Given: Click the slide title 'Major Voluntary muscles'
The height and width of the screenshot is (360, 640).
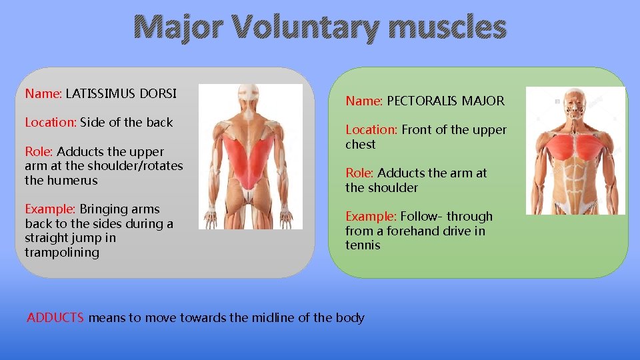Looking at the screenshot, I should click(x=319, y=29).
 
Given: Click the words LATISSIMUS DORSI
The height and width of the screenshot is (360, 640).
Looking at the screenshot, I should click(x=121, y=93).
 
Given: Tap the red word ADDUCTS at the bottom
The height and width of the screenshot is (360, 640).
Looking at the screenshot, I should click(x=55, y=318).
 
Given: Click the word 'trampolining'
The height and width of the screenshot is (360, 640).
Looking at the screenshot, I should click(x=61, y=253).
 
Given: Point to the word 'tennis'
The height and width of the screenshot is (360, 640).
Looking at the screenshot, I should click(x=363, y=245).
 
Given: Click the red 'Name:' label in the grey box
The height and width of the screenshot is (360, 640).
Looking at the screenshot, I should click(x=43, y=93).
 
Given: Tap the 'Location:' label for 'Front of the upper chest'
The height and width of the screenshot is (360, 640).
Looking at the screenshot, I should click(x=371, y=130).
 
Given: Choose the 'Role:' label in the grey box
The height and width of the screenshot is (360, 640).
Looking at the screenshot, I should click(x=39, y=151).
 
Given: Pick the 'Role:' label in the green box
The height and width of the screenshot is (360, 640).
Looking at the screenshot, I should click(x=360, y=173).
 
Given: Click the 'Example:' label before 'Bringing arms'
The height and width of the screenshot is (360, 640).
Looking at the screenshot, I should click(x=51, y=209).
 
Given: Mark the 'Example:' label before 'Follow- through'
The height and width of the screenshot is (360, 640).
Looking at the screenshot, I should click(x=371, y=217).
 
